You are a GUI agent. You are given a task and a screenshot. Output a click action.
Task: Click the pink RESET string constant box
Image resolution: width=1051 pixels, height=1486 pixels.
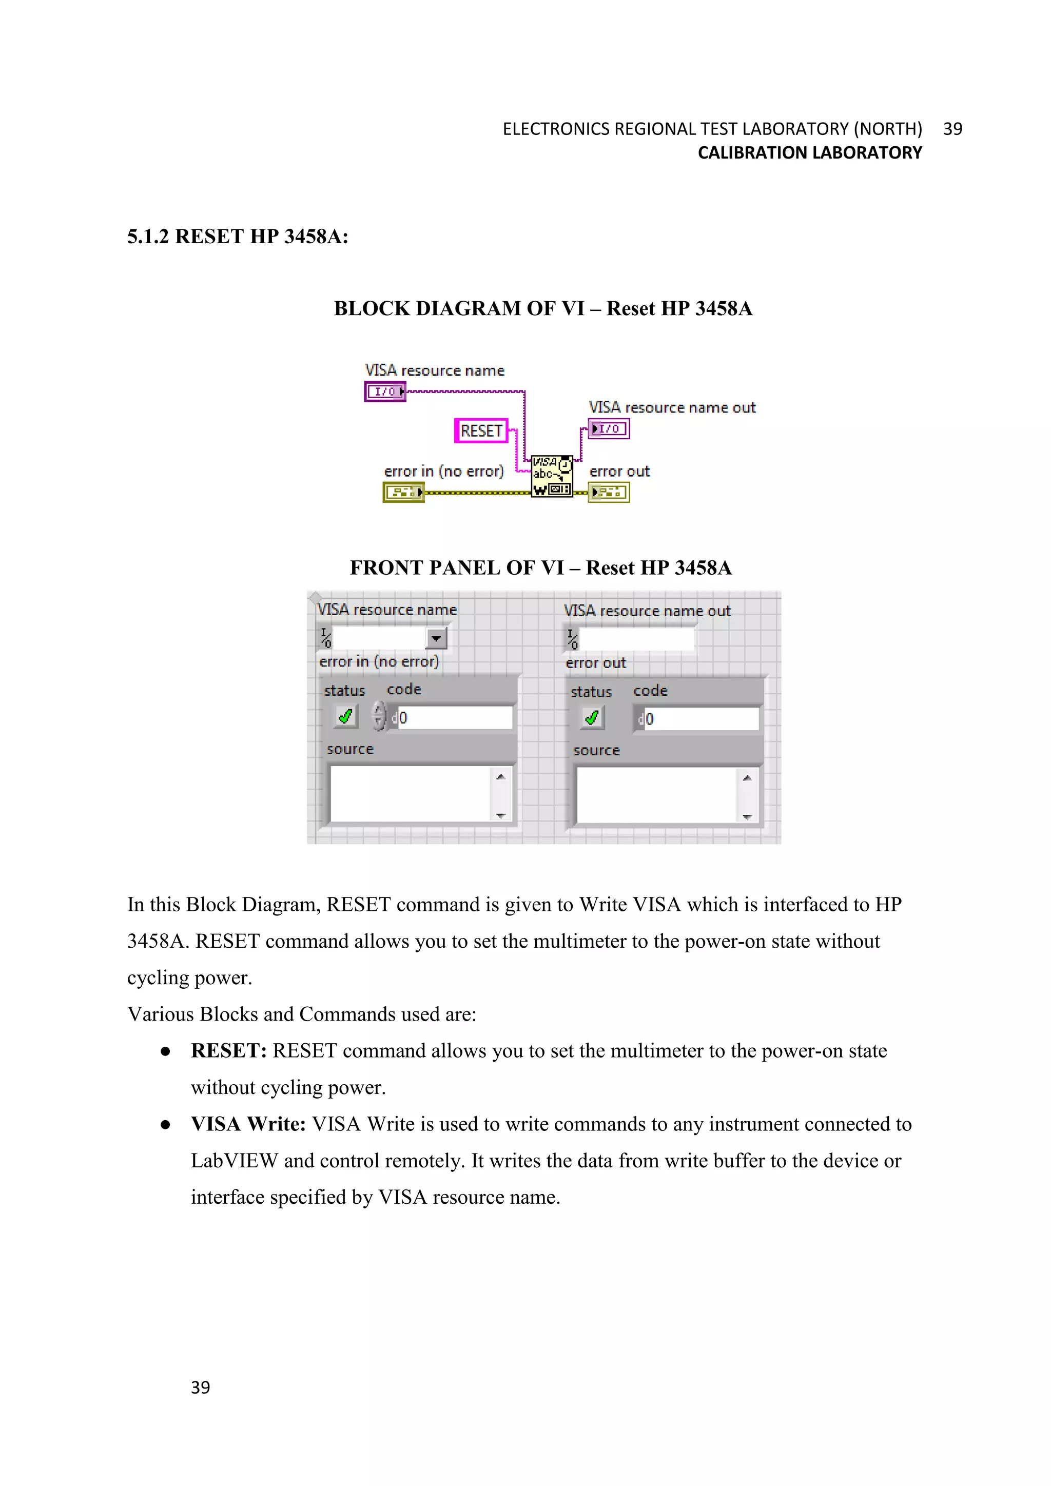pos(481,431)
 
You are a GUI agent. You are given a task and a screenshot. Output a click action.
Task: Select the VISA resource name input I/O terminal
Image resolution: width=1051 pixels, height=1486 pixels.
pos(385,392)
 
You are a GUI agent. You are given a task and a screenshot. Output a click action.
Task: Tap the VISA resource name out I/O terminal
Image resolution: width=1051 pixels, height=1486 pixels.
pos(608,429)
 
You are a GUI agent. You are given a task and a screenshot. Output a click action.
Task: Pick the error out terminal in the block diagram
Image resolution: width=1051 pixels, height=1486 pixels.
pos(608,493)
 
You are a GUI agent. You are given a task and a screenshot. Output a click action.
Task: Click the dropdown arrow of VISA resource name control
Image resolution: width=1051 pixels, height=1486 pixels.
pos(436,638)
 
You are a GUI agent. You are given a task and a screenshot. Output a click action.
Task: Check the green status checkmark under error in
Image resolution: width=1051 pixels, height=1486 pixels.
pos(345,716)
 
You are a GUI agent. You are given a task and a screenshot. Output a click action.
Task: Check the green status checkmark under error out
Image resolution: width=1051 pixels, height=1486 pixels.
pos(592,718)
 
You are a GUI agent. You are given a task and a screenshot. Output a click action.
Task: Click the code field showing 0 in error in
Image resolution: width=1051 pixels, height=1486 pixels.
pos(453,718)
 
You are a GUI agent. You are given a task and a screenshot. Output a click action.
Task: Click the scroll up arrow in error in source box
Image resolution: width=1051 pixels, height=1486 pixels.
pos(500,777)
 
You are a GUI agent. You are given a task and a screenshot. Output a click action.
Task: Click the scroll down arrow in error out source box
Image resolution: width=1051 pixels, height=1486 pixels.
pos(747,817)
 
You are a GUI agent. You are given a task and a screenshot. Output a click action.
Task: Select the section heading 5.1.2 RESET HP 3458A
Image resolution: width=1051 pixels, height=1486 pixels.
pos(238,237)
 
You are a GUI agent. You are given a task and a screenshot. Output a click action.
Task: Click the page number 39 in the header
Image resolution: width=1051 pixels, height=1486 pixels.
pos(952,129)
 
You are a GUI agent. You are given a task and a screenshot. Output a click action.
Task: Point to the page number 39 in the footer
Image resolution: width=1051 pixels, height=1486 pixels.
pos(200,1387)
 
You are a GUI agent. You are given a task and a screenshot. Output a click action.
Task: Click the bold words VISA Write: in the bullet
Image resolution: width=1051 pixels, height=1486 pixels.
pos(248,1124)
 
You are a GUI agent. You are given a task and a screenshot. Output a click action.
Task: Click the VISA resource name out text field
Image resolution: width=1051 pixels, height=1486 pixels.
pos(637,639)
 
